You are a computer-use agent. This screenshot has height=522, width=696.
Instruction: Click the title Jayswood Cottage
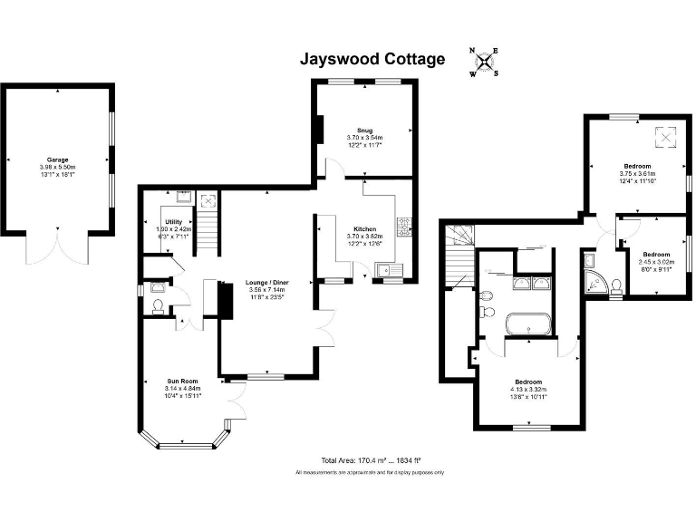coord(372,60)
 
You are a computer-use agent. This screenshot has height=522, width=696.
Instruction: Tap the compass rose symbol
coord(484,62)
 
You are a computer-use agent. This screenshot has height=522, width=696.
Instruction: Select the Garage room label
coord(58,159)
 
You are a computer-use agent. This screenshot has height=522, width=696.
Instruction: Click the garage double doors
coord(57,246)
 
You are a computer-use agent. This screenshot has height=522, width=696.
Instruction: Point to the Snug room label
coord(363,130)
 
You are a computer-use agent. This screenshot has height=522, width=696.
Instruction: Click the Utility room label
coord(174,222)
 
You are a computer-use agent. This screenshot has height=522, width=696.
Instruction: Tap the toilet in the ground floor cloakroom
coord(158,306)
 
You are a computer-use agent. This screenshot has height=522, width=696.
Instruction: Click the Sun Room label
coord(182,381)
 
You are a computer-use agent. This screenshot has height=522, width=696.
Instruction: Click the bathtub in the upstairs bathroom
coord(527,324)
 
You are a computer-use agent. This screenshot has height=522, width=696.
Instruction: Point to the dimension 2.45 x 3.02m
coord(657,262)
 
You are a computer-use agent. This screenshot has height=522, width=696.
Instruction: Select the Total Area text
coord(369,459)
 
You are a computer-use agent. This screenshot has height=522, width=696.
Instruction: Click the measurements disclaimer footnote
coord(369,473)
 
